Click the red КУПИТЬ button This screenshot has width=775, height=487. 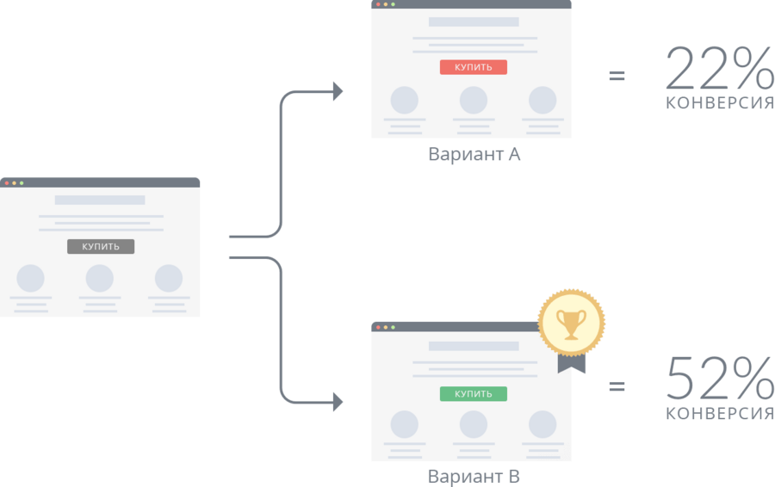tap(473, 67)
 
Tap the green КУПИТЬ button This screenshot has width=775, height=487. tap(473, 394)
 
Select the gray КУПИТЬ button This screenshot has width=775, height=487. tap(101, 247)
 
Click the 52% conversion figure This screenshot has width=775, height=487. tap(719, 379)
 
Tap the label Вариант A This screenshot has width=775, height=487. tap(474, 155)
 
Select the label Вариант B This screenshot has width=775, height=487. tap(474, 476)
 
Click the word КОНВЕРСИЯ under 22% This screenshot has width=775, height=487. tap(720, 104)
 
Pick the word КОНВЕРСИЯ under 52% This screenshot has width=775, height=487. tap(720, 414)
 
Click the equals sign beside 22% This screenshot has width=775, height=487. tap(617, 76)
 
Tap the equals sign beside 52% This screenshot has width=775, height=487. tap(617, 386)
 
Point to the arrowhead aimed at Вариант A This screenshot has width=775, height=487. tap(337, 91)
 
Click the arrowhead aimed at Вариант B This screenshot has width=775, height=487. tap(337, 401)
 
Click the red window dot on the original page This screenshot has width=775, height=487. tap(6, 182)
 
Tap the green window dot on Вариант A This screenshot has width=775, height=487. tap(393, 4)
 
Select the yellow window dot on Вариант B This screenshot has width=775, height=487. tap(385, 328)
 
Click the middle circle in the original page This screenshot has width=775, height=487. tap(100, 278)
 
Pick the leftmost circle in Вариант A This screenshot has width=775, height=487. tap(404, 100)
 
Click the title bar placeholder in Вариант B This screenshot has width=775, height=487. tap(474, 346)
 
